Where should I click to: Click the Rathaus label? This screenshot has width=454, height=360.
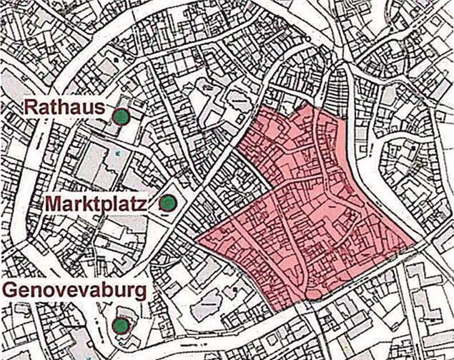[x=65, y=109]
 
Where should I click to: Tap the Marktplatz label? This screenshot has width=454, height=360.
[x=96, y=204]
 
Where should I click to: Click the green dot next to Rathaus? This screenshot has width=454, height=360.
[x=123, y=116]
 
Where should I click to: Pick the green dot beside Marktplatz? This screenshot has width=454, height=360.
[x=167, y=203]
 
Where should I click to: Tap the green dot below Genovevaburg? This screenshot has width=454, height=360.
[x=121, y=326]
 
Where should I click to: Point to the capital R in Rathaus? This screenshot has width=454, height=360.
[x=31, y=109]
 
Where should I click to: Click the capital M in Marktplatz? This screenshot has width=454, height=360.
[x=54, y=204]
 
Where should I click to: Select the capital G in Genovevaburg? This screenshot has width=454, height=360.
[x=12, y=291]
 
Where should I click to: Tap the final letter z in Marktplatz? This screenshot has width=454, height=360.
[x=142, y=204]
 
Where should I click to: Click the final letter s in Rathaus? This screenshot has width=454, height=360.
[x=100, y=109]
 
